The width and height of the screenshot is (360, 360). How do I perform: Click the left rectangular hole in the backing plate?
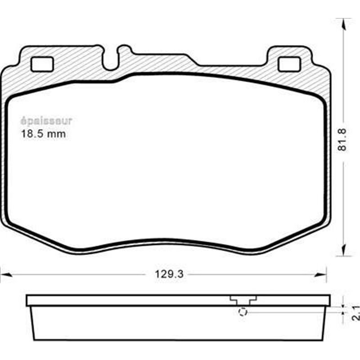click(x=42, y=64)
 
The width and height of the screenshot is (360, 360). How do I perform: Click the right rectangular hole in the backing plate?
click(x=289, y=64)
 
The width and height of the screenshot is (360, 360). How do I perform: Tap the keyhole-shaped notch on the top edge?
click(x=111, y=59)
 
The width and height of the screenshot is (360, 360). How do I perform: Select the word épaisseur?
click(x=46, y=121)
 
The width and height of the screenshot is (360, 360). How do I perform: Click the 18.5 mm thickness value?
click(x=44, y=134)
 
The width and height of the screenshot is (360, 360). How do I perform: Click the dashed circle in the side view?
click(x=243, y=312)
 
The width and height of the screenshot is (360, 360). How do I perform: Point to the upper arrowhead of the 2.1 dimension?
click(x=343, y=305)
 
